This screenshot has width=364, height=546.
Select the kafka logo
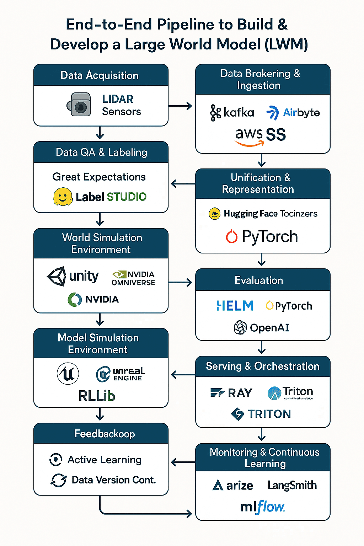[x=232, y=113]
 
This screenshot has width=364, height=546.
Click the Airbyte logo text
[x=301, y=113]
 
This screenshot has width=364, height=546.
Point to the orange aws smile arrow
[x=249, y=143]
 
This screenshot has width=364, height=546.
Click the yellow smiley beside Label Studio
[x=63, y=197]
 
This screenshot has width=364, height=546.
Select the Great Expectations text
[x=99, y=177]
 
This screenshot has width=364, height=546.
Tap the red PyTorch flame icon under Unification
[x=232, y=236]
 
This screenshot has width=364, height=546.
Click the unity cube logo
[x=57, y=276]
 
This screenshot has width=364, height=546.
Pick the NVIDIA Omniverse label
[x=134, y=278]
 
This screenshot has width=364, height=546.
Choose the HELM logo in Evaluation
[x=235, y=306]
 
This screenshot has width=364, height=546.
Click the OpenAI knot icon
[x=240, y=327]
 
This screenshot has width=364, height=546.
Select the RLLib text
[x=97, y=396]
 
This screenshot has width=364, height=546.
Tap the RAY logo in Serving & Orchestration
[x=231, y=393]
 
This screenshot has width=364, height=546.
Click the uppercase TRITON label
[x=269, y=414]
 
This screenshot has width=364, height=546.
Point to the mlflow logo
[x=262, y=507]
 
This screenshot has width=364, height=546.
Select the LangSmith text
[x=292, y=485]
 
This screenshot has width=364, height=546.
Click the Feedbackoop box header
[x=101, y=434]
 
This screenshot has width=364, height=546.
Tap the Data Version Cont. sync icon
[x=58, y=480]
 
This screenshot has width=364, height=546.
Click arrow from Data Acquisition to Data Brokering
[x=180, y=106]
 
